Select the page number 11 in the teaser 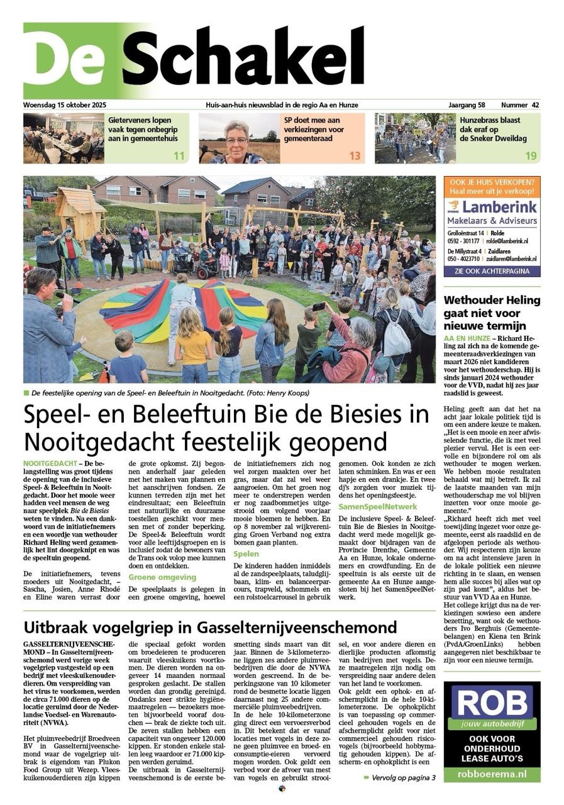click(179, 155)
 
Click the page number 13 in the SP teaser click(355, 155)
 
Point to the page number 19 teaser click(531, 155)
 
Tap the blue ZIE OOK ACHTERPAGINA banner click(492, 271)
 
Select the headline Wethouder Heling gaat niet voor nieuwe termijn click(492, 313)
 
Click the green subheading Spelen click(246, 554)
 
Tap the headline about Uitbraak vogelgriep click(210, 627)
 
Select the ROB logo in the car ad click(492, 701)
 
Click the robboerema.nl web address click(492, 774)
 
